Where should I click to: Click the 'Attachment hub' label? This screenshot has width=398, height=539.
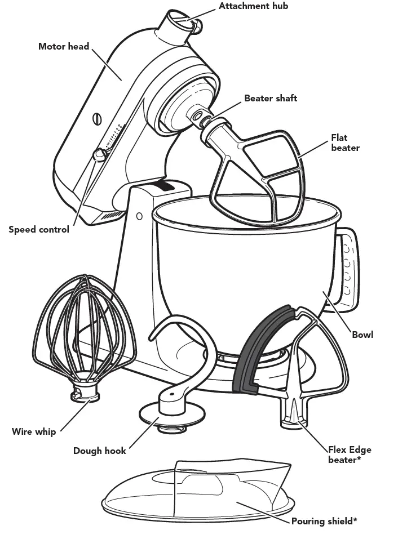(253, 6)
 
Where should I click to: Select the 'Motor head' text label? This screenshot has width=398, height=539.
(64, 46)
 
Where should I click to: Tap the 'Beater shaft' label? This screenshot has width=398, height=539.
(271, 98)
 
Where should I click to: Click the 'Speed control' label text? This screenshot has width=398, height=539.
(39, 229)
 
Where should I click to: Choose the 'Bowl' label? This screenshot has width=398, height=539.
(362, 335)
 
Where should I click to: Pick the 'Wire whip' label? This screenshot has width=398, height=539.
(34, 432)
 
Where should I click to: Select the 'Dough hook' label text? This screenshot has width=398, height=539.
(100, 451)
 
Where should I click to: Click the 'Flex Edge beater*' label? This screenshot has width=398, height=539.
(350, 455)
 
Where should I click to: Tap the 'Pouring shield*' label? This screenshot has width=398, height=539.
(324, 521)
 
